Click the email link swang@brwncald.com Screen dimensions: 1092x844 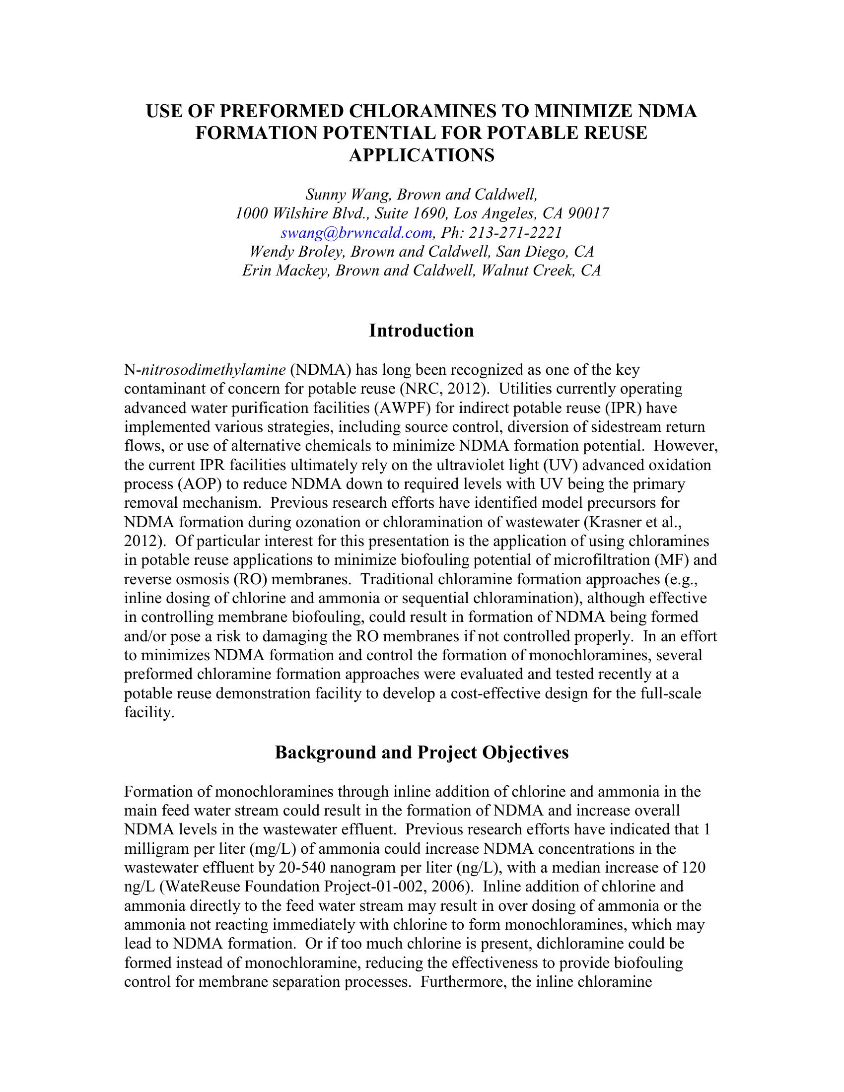(356, 232)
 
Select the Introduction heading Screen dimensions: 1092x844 (422, 331)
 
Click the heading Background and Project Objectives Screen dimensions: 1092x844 (422, 752)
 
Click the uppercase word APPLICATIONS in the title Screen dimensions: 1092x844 (422, 155)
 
